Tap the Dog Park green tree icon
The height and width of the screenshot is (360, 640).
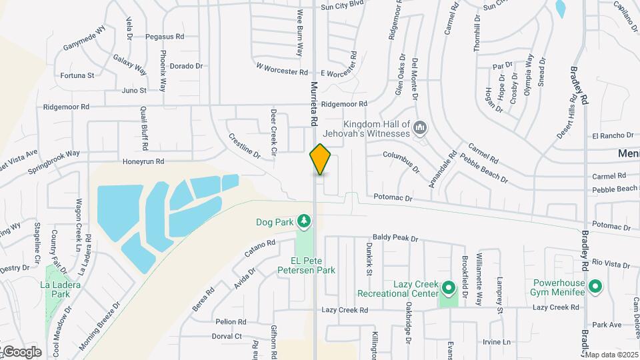coord(304,220)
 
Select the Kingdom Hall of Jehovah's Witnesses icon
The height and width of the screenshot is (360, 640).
coord(420,127)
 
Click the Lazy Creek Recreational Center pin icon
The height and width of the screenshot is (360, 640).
coord(449,289)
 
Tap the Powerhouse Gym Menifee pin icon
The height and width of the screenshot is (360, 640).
coord(595,287)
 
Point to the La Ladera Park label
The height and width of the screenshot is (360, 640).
coord(55,289)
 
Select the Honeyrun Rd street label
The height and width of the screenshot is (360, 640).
coord(143,162)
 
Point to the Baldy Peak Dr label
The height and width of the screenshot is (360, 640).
coord(395,238)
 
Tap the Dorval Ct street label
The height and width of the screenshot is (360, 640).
coord(227,336)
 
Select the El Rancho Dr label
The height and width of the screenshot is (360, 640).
coord(609,136)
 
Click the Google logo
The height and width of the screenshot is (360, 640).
coord(22,352)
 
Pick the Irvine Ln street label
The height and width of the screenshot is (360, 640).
coord(497,342)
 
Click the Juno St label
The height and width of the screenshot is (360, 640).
coord(134,90)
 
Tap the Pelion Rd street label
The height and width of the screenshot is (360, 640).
coord(231,321)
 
